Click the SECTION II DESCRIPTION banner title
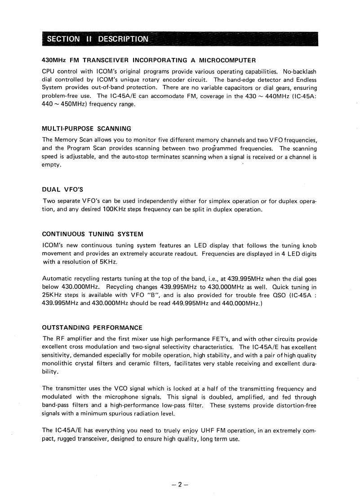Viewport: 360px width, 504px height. tap(97, 39)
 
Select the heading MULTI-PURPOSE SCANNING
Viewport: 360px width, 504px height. tap(86, 128)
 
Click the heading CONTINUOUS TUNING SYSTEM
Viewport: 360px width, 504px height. tap(92, 234)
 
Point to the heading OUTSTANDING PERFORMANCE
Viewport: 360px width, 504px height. tap(92, 327)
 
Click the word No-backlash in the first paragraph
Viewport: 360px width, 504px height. tap(300, 71)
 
